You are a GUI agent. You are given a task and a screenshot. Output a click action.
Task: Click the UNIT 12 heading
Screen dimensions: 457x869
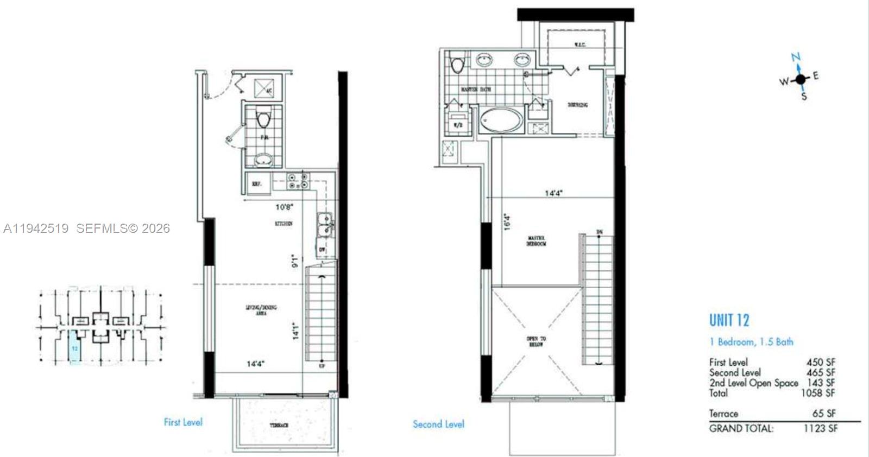click(x=729, y=320)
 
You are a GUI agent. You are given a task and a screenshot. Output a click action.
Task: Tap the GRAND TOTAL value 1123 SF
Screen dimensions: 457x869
click(x=820, y=428)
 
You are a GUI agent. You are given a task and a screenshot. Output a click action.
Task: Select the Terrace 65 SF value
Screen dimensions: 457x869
click(x=824, y=414)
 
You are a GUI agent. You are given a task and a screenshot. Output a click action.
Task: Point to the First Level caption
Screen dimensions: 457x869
click(x=183, y=422)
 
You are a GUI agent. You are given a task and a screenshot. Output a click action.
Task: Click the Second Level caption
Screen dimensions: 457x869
click(x=438, y=424)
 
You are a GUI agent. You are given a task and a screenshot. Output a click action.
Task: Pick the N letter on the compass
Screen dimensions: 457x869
click(x=796, y=57)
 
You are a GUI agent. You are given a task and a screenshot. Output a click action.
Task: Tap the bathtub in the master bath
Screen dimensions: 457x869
click(x=500, y=119)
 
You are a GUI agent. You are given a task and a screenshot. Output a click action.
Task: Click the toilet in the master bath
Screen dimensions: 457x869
click(x=457, y=64)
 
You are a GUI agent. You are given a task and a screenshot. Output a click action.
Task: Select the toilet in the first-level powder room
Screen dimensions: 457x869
click(x=264, y=118)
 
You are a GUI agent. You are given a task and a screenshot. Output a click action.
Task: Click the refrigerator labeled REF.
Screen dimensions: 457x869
click(x=257, y=184)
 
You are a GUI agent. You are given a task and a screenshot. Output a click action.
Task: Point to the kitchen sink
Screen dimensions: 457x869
click(x=325, y=225)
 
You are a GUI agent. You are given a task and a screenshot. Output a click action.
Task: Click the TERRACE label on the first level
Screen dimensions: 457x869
click(x=279, y=426)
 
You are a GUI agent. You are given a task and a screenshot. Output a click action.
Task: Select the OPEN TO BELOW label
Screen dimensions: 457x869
click(x=536, y=341)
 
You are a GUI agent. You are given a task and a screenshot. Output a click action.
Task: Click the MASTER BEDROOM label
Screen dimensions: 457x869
click(x=536, y=241)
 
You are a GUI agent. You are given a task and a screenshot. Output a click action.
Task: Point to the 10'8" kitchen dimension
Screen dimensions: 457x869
click(x=285, y=207)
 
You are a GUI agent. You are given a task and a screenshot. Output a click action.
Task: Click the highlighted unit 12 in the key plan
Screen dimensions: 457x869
click(x=75, y=347)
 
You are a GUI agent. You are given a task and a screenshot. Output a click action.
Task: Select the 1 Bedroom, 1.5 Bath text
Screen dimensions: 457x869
click(x=751, y=342)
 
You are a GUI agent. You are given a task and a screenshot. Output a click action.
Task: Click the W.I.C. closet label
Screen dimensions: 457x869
click(x=580, y=44)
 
